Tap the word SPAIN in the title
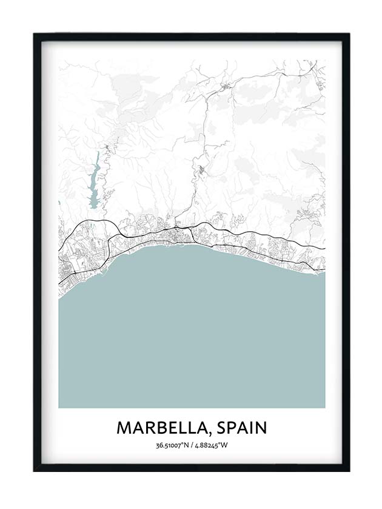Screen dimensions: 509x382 [x=241, y=428]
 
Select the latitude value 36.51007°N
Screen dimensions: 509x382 [x=170, y=446]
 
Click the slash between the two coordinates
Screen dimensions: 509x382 [x=190, y=446]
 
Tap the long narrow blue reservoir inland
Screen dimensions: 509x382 [x=95, y=182]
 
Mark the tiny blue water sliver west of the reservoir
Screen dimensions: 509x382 [x=59, y=203]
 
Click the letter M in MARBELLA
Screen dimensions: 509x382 [x=124, y=428]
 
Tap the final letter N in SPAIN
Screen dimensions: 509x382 [x=261, y=428]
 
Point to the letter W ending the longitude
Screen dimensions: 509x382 [x=224, y=446]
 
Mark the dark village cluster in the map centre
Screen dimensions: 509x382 [x=200, y=170]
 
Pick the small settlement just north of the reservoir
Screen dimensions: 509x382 [x=107, y=147]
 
